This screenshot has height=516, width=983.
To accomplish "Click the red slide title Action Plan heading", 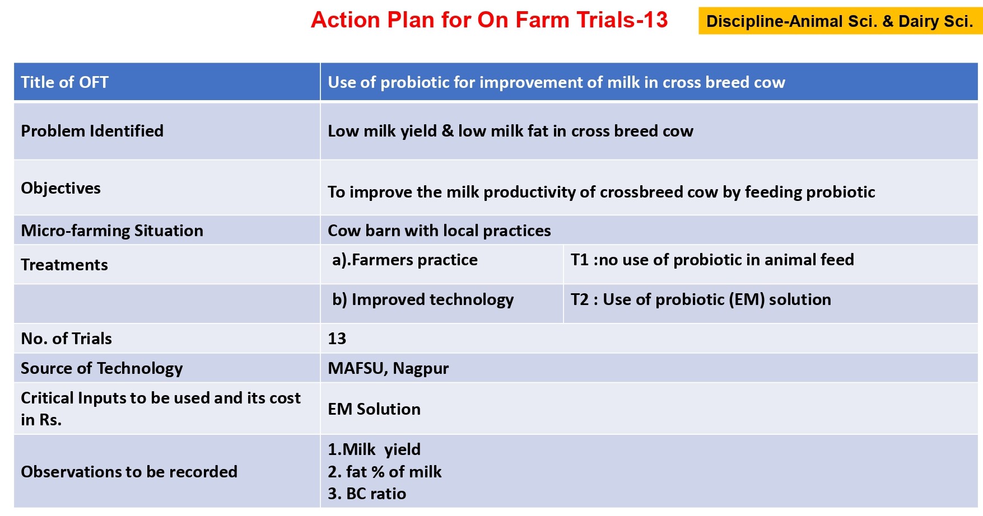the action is tap(489, 20).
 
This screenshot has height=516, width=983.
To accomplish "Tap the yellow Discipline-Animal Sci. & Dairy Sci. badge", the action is tap(840, 21).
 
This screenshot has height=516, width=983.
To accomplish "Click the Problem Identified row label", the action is tap(92, 131).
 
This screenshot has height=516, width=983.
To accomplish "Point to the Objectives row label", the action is tap(61, 188).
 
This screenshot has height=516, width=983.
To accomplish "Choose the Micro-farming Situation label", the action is tap(112, 231).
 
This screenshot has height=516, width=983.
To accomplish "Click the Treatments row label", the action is tap(64, 265).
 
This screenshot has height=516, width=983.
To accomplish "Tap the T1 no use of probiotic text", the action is tap(712, 260).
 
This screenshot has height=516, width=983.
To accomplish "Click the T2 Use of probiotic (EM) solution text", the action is tap(701, 300).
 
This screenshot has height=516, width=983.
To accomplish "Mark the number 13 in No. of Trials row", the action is tap(337, 339).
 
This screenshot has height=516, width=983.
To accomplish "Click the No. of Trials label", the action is tap(67, 339).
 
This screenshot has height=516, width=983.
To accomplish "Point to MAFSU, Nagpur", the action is tap(388, 368).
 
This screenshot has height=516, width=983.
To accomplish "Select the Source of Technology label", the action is tap(102, 368).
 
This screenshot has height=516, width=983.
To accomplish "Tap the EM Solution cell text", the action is tap(374, 409).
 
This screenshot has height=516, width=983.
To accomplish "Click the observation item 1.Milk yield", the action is tap(374, 449).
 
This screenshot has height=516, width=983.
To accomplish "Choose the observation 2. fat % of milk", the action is tap(385, 472).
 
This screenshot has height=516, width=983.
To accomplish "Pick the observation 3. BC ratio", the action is tap(367, 494).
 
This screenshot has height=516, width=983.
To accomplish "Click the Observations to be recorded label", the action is tap(129, 472).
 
